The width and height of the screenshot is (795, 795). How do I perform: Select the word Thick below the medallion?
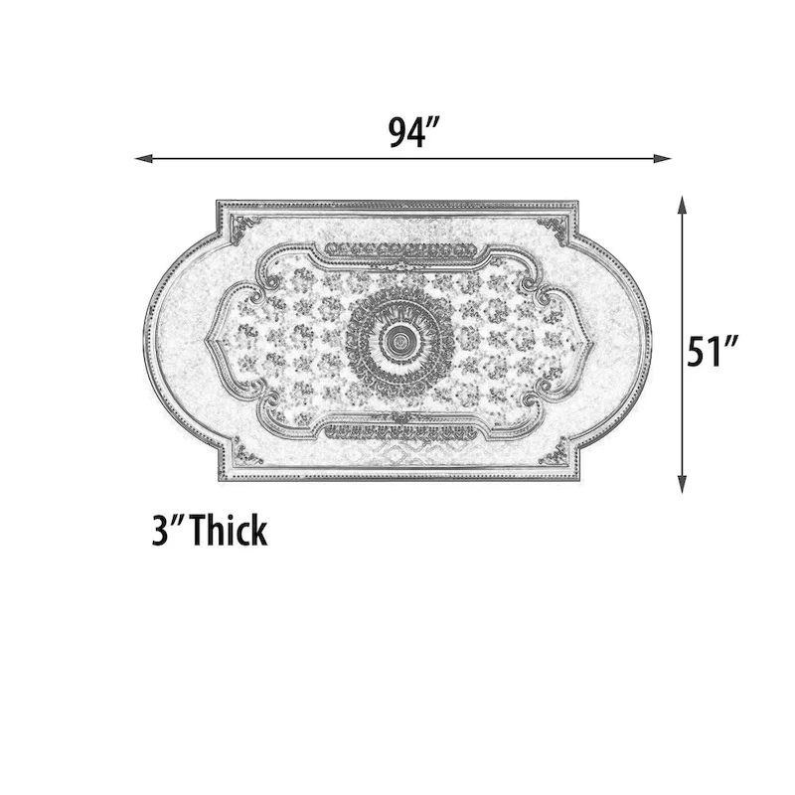point(230,531)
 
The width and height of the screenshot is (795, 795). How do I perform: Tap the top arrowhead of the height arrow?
point(682,204)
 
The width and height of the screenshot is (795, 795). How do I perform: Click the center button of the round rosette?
point(399,342)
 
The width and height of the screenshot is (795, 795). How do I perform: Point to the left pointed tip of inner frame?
point(207,342)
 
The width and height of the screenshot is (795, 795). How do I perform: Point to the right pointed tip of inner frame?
point(592,342)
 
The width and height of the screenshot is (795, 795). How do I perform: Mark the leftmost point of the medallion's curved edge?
point(145,342)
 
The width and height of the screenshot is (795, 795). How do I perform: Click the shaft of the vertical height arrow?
point(682,298)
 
